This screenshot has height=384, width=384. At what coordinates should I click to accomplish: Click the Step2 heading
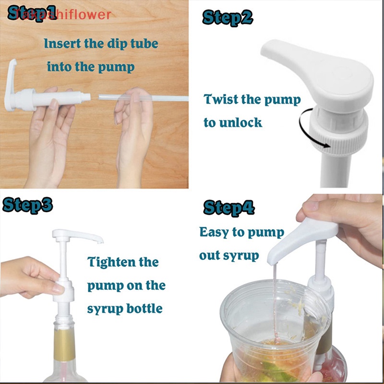click(x=227, y=18)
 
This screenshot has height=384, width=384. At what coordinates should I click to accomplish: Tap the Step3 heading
click(x=27, y=205)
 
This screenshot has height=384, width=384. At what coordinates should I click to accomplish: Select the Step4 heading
click(x=228, y=208)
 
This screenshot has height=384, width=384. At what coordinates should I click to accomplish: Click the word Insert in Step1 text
click(x=62, y=44)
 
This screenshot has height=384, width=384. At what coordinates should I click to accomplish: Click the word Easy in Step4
click(x=214, y=232)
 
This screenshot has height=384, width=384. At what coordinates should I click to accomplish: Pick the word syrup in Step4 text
click(x=241, y=255)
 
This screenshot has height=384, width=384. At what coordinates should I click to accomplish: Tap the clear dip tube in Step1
click(x=144, y=97)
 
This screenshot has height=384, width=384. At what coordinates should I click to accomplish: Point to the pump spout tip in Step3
click(x=99, y=239)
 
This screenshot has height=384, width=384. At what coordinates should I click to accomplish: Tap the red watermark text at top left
click(x=62, y=14)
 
